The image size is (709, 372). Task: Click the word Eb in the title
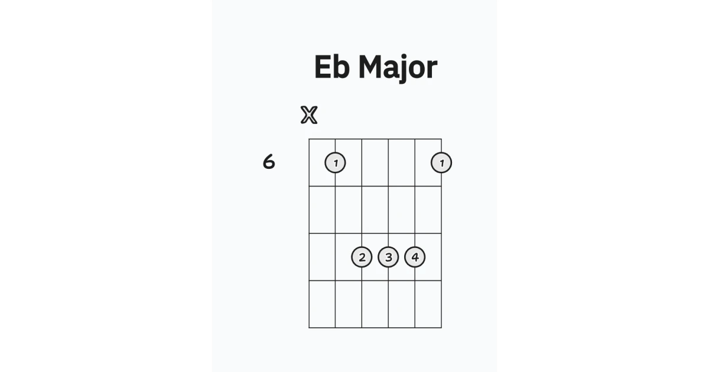(x=332, y=67)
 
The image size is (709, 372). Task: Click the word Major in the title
(x=398, y=68)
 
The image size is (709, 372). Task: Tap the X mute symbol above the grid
(x=309, y=115)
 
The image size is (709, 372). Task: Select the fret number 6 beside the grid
(x=269, y=162)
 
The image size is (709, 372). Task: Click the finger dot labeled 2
(x=362, y=257)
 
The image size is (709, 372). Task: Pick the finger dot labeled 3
(x=388, y=257)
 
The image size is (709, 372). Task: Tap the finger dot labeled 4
(x=415, y=257)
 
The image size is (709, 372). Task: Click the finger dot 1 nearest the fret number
(x=335, y=162)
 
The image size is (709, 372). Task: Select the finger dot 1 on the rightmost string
(x=441, y=162)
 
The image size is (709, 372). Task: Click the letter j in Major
(x=404, y=69)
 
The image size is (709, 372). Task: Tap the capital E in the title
(x=323, y=67)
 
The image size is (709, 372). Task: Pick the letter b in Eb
(x=342, y=67)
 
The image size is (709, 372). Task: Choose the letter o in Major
(x=418, y=70)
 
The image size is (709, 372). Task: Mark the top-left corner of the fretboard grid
(x=309, y=139)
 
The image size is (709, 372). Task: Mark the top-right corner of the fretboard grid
(x=441, y=139)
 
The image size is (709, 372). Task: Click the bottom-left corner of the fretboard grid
(x=309, y=328)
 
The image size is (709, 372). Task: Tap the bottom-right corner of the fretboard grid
(x=441, y=328)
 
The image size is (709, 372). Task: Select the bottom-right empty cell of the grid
(x=428, y=304)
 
